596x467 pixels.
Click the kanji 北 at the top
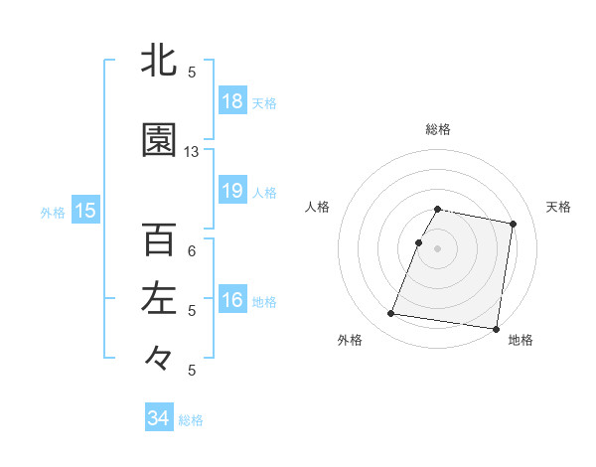tap(159, 61)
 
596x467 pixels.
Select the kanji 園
tap(159, 141)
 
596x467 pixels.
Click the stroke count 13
tap(192, 152)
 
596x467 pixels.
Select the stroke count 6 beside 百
tap(192, 251)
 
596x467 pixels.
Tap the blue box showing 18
tap(231, 101)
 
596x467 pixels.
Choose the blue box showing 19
tap(231, 191)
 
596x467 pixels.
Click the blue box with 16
tap(231, 300)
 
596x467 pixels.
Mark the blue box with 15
tap(84, 211)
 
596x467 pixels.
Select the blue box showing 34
tap(158, 418)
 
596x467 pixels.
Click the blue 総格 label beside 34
tap(191, 420)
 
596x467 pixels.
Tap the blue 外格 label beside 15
tap(53, 212)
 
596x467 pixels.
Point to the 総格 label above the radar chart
tap(438, 129)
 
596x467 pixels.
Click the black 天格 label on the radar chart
tap(558, 207)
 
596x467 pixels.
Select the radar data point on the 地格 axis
tap(496, 329)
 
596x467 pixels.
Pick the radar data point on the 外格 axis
tap(391, 314)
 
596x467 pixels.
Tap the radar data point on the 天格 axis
tap(513, 225)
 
